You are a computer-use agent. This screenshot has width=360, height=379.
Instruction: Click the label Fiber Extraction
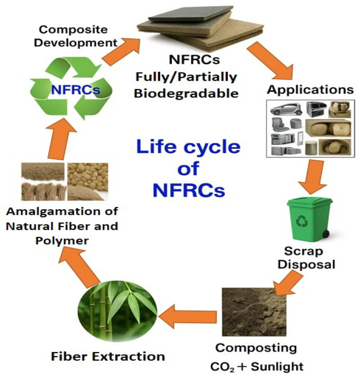point(108,357)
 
